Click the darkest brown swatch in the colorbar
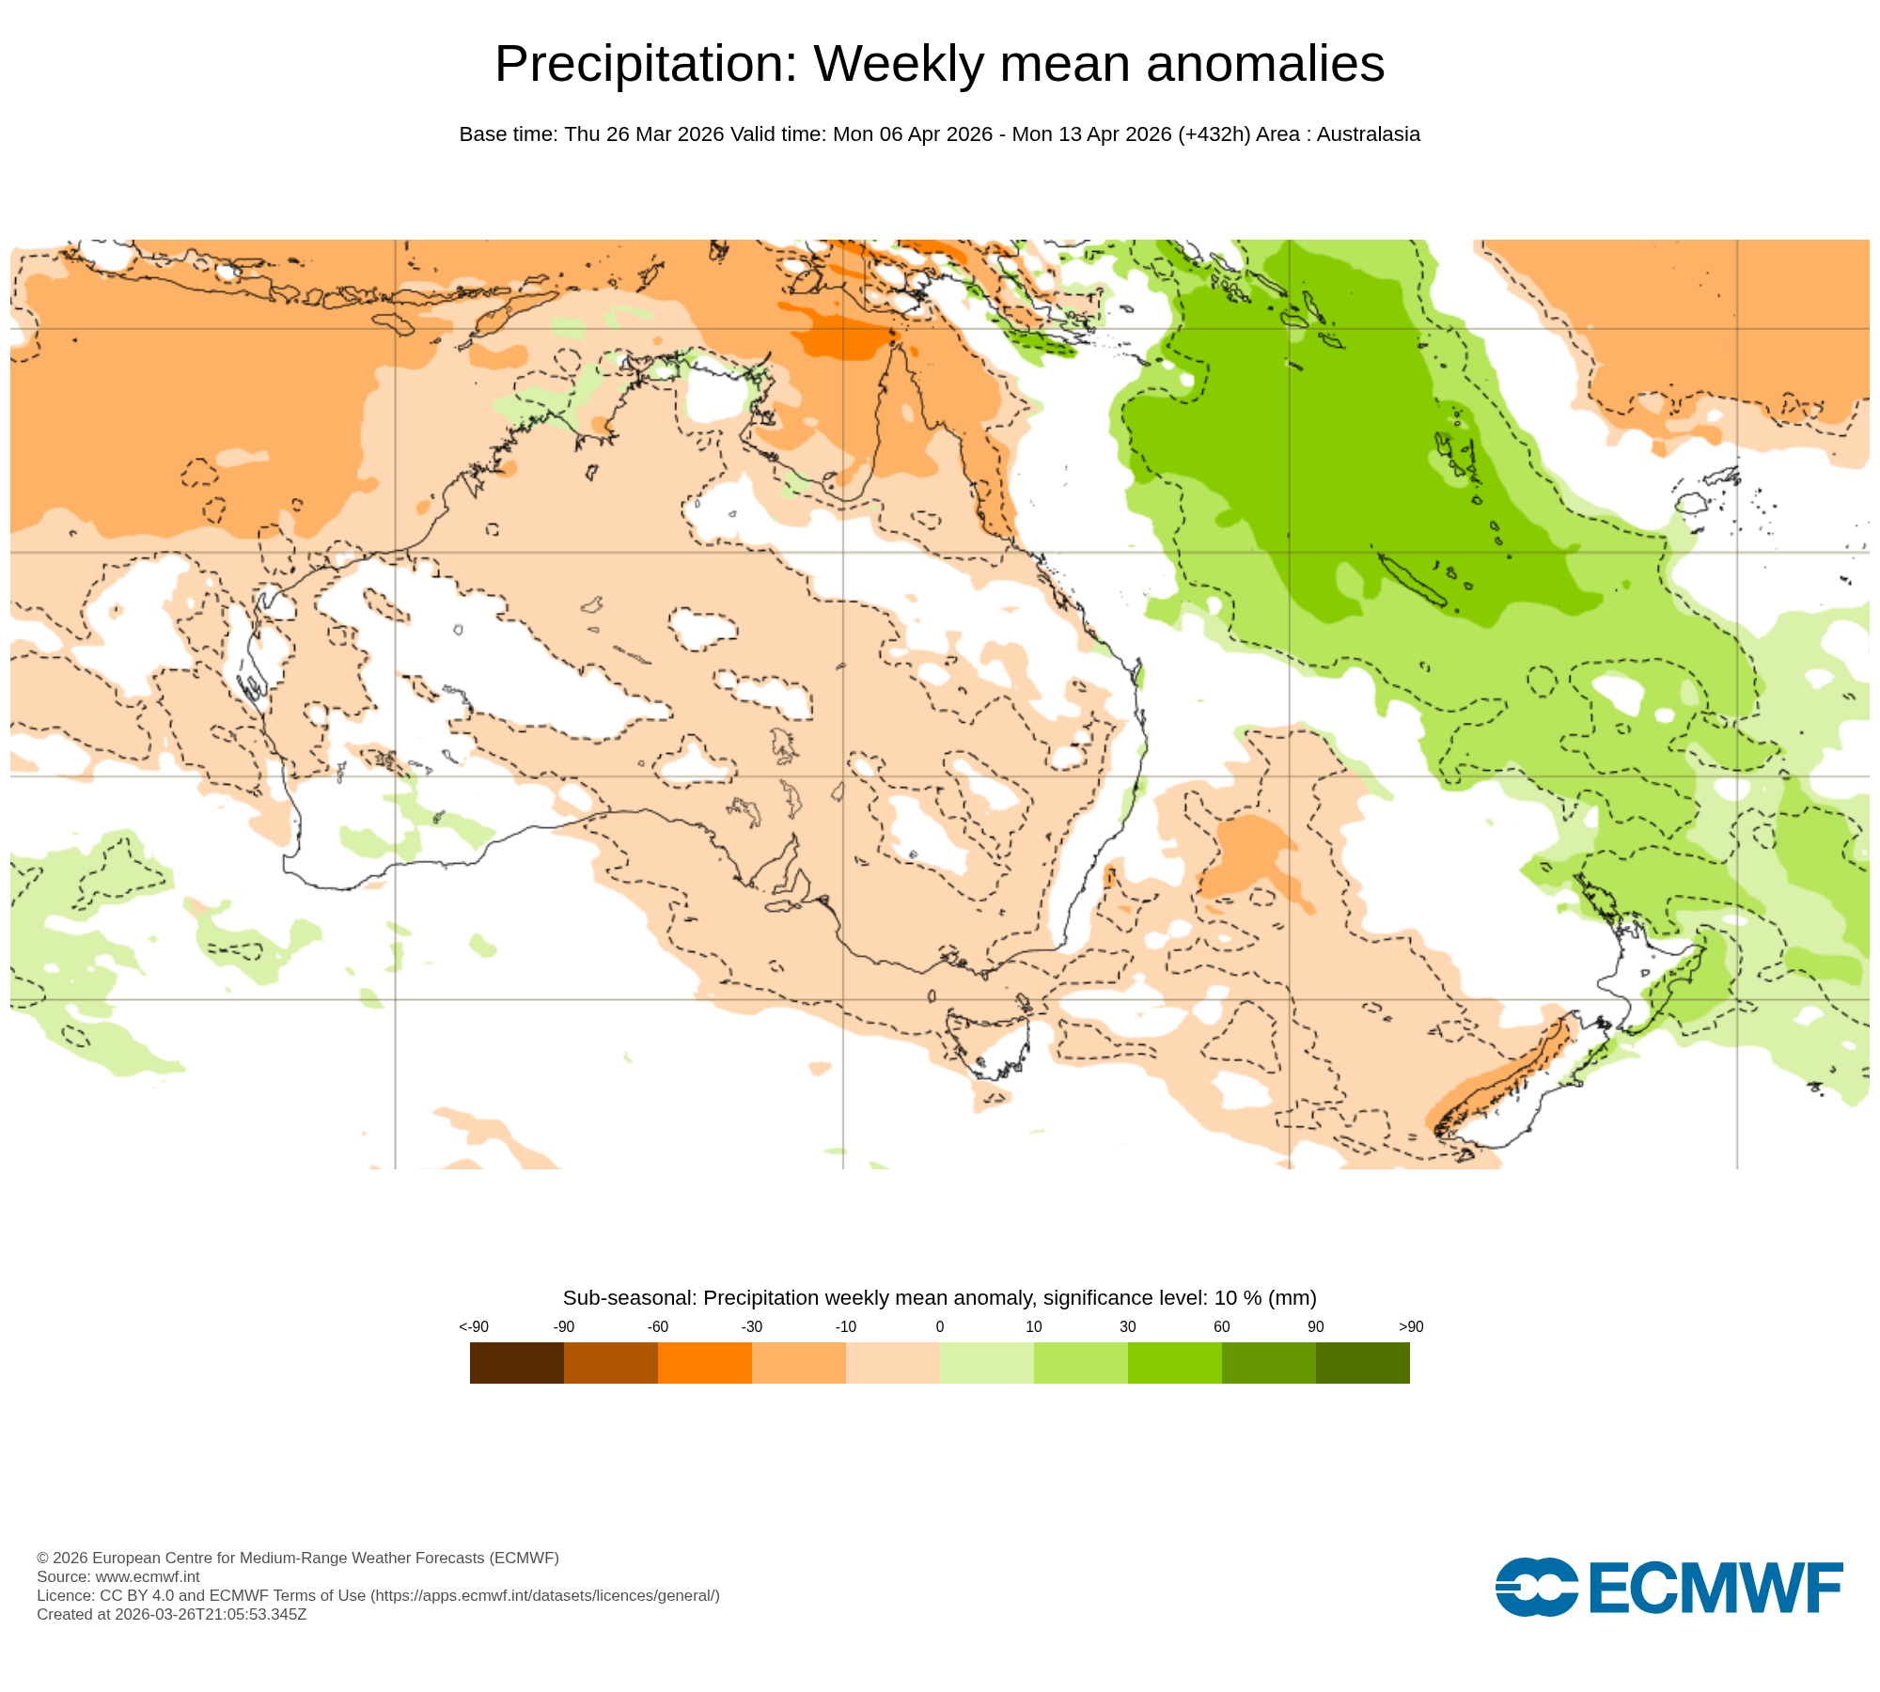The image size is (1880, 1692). [x=516, y=1362]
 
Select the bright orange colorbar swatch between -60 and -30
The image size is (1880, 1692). [x=704, y=1362]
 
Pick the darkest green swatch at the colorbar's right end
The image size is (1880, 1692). [x=1362, y=1362]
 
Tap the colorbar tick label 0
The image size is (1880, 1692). [x=939, y=1326]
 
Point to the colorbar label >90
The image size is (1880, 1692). [x=1410, y=1326]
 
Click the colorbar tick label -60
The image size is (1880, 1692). [x=657, y=1326]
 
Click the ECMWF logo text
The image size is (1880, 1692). [x=1715, y=1589]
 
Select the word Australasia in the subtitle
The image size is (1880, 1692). [x=1368, y=134]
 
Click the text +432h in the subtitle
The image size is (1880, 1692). [x=1214, y=134]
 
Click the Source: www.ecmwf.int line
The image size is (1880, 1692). [x=118, y=1576]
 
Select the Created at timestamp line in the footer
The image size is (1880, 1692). [x=171, y=1614]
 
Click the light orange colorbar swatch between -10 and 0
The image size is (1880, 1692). [x=892, y=1362]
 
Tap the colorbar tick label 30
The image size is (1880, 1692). [x=1127, y=1326]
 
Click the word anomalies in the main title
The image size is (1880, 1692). [x=1264, y=64]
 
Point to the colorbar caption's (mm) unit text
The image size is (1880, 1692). [x=1292, y=1298]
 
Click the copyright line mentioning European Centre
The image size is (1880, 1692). [x=297, y=1558]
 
